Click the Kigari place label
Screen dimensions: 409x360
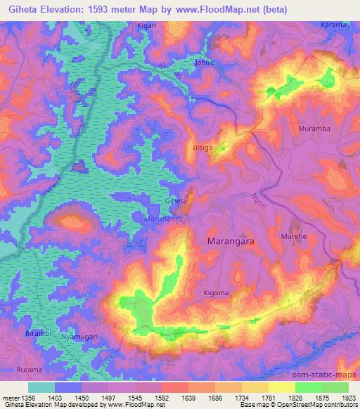click(x=147, y=25)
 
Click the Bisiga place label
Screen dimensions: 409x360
click(x=202, y=148)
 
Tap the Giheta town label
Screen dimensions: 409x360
click(x=175, y=201)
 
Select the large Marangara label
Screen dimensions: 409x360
click(x=233, y=240)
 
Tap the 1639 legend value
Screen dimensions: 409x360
click(x=188, y=397)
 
